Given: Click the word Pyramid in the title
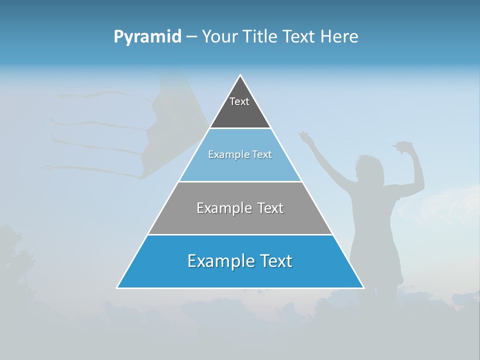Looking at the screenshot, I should (147, 37).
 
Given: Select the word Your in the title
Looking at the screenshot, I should (219, 37).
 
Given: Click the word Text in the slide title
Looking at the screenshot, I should (299, 37).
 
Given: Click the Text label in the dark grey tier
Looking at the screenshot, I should (239, 101).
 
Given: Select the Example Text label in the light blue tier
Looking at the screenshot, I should (240, 154).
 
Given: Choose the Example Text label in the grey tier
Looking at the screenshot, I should (240, 208).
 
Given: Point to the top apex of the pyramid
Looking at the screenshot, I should (240, 75).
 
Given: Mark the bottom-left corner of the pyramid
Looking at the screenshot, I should (117, 287).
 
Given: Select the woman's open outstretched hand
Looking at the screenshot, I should (303, 136).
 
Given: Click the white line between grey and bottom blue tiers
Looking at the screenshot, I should (240, 234).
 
